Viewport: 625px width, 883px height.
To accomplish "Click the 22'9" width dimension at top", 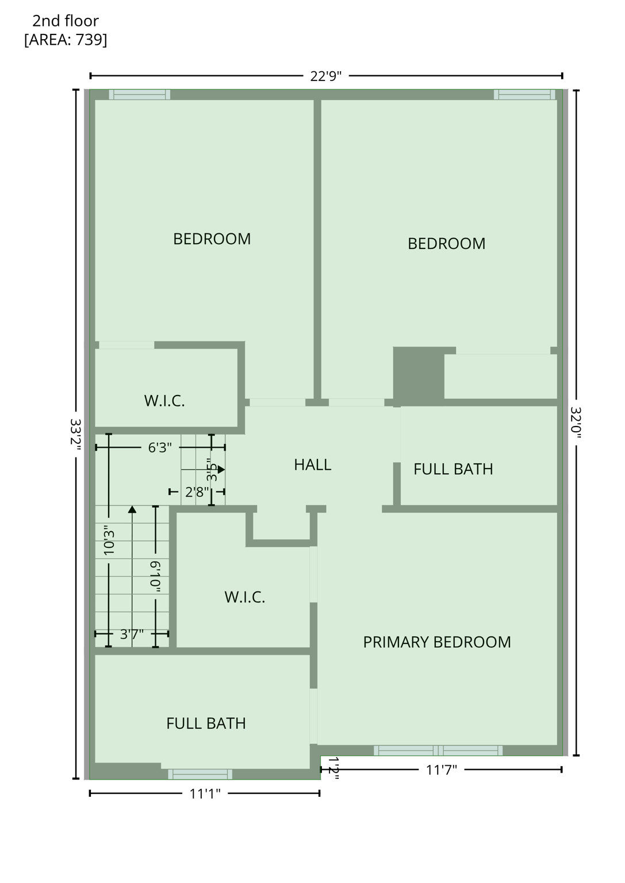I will (326, 76).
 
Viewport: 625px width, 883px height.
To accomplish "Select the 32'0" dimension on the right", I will (576, 423).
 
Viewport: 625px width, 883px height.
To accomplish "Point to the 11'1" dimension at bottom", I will (205, 794).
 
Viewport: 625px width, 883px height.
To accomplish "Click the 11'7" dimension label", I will (442, 770).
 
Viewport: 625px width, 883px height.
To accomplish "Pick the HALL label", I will (312, 464).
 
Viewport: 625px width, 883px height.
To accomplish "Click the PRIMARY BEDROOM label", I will (437, 642).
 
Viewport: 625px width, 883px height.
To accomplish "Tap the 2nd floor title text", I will (66, 21).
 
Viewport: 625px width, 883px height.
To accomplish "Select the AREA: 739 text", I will (66, 40).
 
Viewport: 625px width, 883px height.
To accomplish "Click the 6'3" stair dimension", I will (160, 447).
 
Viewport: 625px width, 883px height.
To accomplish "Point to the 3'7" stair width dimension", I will (132, 634).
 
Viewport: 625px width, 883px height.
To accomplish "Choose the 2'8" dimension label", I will (197, 492).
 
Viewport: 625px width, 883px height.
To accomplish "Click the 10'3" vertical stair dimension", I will (109, 540).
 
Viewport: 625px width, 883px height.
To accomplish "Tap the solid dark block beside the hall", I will (418, 374).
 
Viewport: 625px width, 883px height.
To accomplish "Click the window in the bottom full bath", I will (200, 774).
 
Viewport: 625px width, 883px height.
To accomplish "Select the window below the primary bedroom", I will (438, 750).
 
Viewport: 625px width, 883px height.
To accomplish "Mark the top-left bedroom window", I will (140, 95).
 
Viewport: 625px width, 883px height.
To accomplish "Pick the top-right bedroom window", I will (524, 95).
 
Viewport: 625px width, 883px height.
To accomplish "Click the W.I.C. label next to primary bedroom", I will (245, 597).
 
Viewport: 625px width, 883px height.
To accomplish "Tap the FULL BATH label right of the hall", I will (453, 469).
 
